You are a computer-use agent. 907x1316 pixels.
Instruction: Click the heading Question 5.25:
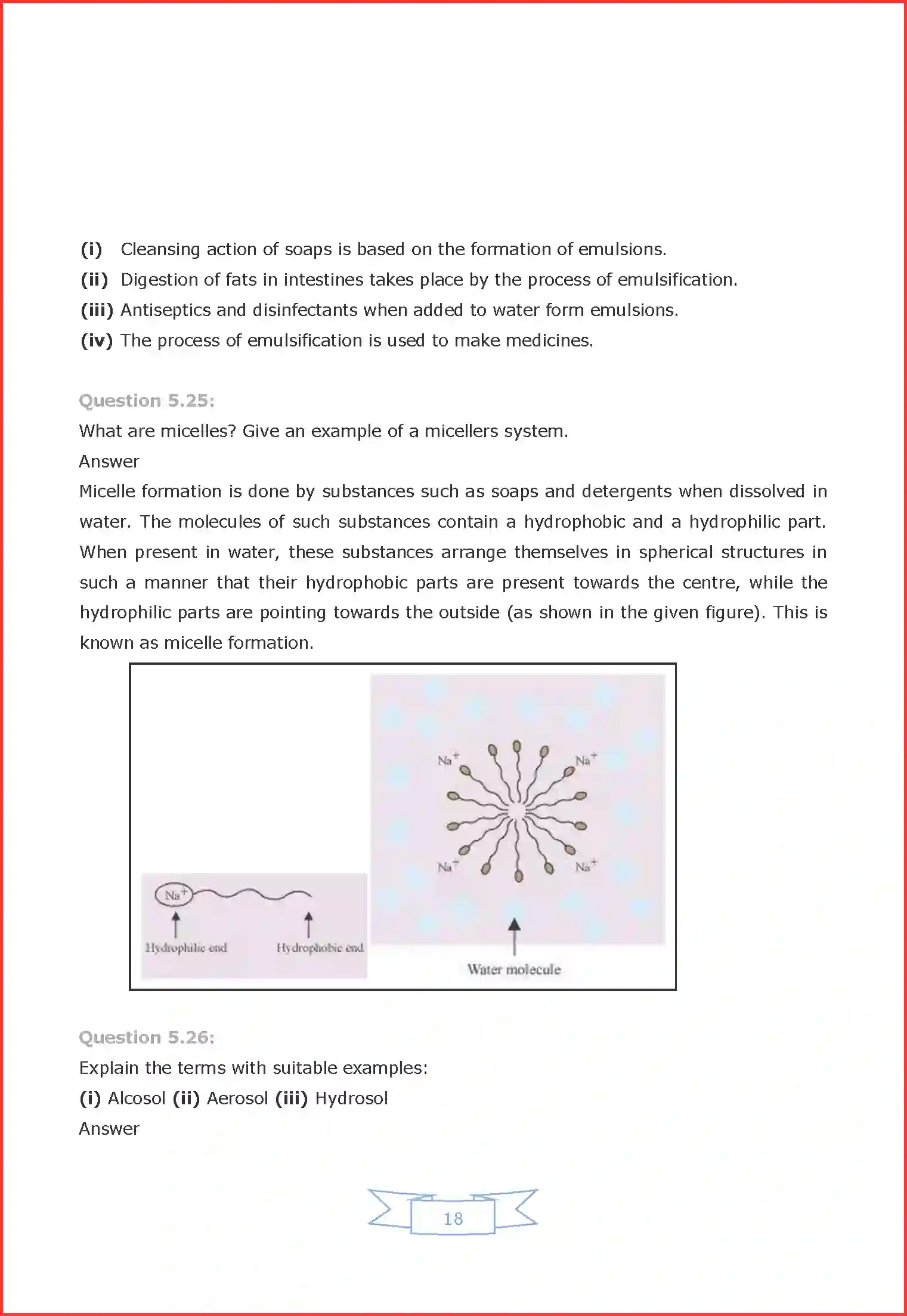coord(147,401)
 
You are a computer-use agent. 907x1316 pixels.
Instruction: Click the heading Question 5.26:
coord(147,1038)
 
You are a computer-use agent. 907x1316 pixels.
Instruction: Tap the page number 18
coord(453,1218)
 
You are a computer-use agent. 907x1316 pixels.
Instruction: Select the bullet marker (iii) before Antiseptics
coord(97,310)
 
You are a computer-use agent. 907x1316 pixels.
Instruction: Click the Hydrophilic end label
coord(186,947)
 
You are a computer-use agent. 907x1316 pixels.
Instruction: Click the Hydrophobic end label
coord(320,947)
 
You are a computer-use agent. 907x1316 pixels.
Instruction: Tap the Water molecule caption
coord(514,970)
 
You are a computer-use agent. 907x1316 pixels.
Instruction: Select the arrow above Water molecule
coord(514,935)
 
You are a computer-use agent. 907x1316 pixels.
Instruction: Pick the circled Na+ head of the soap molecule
coord(174,894)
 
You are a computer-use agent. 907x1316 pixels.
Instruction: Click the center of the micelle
coord(516,811)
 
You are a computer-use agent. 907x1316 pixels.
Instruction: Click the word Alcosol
coord(137,1098)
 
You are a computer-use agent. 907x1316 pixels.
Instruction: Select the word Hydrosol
coord(351,1098)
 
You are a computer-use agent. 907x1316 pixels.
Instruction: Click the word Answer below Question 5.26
coord(109,1129)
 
